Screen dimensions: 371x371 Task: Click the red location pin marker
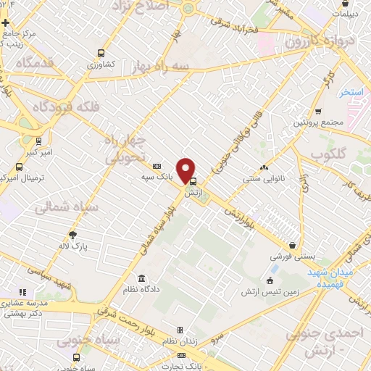tap(187, 170)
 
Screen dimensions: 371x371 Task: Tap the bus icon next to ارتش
tap(192, 183)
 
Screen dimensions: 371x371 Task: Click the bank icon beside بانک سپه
tap(157, 167)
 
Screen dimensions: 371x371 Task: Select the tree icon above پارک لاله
tap(72, 234)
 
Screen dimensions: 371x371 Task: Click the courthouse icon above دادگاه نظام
tap(140, 279)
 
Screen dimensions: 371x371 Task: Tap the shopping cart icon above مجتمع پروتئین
tap(317, 112)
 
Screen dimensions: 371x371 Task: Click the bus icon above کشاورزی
tap(101, 53)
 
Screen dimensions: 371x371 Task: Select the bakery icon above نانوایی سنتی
tap(264, 167)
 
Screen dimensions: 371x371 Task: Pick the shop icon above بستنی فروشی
tap(292, 246)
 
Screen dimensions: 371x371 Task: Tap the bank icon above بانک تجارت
tap(180, 355)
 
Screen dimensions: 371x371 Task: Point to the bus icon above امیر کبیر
tap(38, 141)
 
